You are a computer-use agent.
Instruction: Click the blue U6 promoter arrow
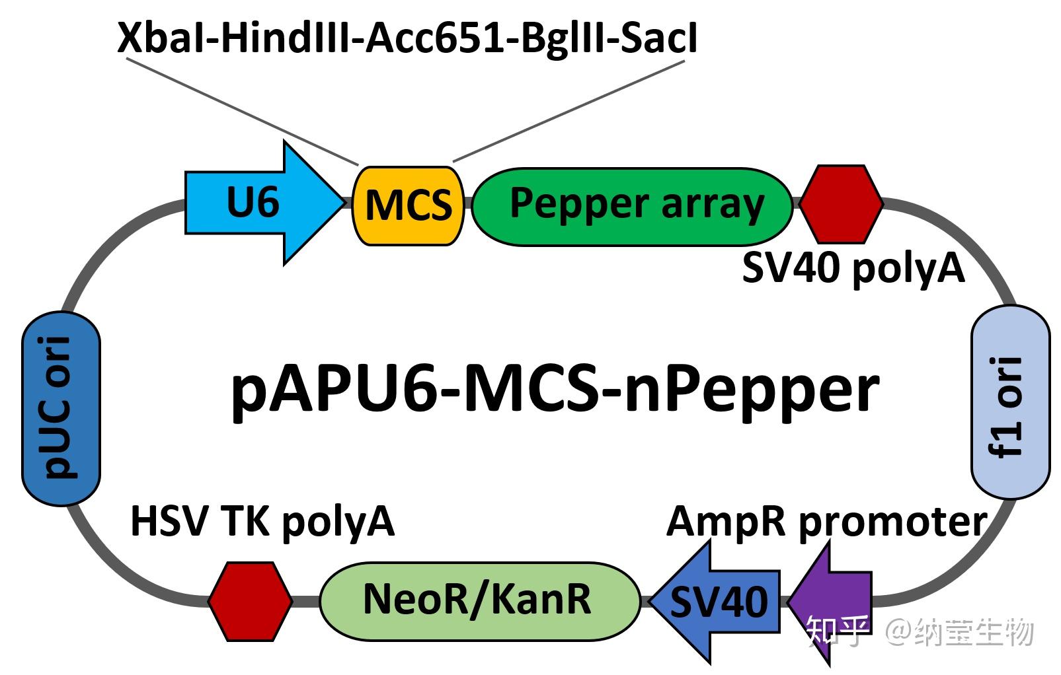pyautogui.click(x=265, y=203)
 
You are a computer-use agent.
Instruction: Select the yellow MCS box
pyautogui.click(x=409, y=206)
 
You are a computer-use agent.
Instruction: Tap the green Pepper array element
pyautogui.click(x=633, y=207)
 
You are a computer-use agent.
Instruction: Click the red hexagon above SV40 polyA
pyautogui.click(x=842, y=204)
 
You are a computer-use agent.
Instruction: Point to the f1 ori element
pyautogui.click(x=1010, y=402)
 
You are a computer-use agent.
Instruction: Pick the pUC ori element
pyautogui.click(x=61, y=408)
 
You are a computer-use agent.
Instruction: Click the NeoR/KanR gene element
pyautogui.click(x=480, y=601)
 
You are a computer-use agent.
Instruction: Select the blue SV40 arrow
pyautogui.click(x=715, y=602)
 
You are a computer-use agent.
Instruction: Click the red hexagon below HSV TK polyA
pyautogui.click(x=250, y=602)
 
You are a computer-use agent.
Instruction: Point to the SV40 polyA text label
pyautogui.click(x=853, y=269)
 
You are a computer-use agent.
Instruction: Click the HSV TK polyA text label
pyautogui.click(x=262, y=522)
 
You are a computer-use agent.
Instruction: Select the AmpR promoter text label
pyautogui.click(x=826, y=522)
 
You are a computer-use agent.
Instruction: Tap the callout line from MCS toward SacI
pyautogui.click(x=569, y=111)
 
